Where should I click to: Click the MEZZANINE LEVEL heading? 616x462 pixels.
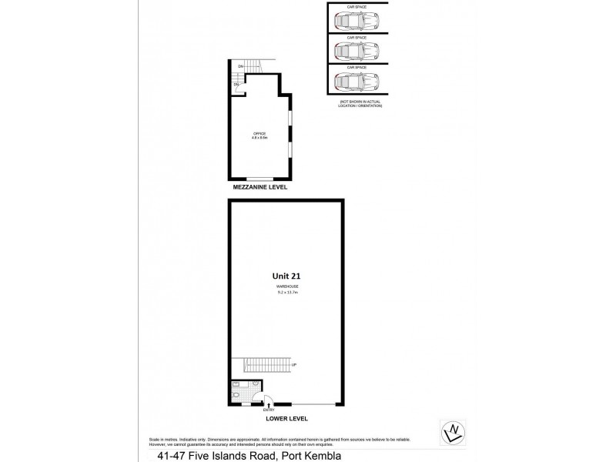261,187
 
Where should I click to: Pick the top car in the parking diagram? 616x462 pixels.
357,22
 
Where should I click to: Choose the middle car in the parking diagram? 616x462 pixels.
357,52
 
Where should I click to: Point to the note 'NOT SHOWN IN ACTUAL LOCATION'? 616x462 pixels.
360,103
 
